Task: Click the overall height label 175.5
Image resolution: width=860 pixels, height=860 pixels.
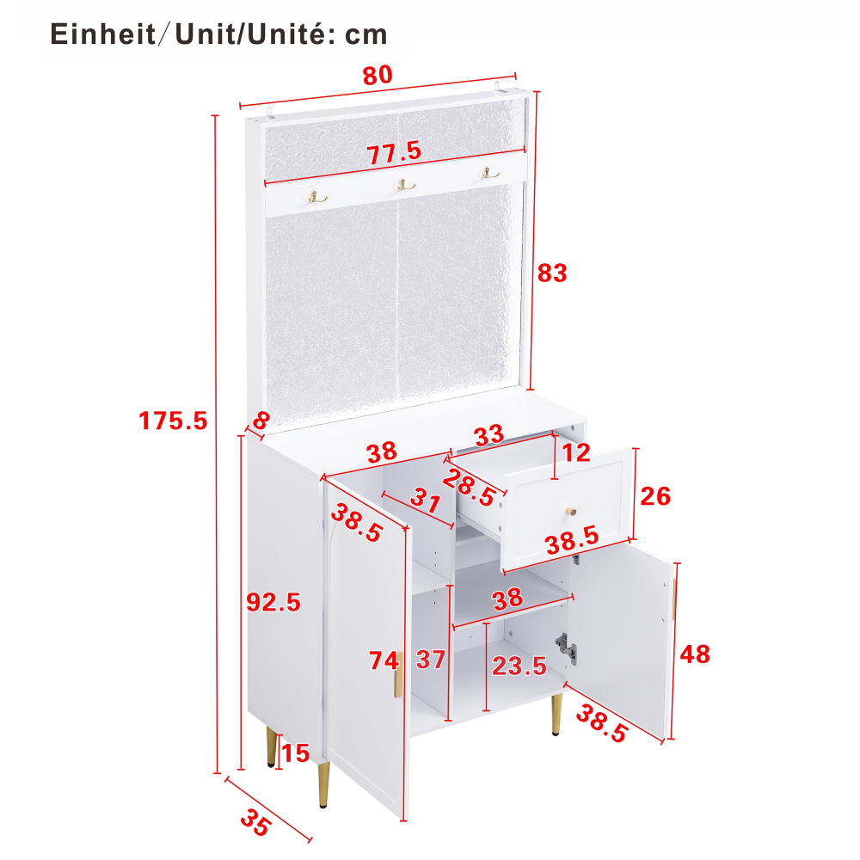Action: [173, 421]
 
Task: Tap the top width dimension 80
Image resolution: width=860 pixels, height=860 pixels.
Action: [378, 75]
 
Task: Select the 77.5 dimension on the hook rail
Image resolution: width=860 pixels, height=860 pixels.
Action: [395, 152]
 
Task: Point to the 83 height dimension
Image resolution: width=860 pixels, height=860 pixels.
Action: [552, 273]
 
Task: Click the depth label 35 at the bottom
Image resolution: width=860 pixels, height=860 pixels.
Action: [255, 822]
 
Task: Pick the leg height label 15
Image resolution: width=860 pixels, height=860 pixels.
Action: [296, 753]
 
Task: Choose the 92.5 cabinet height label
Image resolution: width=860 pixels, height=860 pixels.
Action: [273, 602]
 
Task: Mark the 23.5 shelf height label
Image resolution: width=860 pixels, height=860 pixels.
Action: [519, 666]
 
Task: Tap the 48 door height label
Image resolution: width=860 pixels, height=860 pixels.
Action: [695, 654]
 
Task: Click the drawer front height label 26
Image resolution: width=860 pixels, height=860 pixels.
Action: [655, 496]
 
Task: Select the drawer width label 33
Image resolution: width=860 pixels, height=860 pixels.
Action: [488, 435]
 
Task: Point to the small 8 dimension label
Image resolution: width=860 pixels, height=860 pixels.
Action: [261, 421]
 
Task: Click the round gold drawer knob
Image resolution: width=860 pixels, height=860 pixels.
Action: [571, 511]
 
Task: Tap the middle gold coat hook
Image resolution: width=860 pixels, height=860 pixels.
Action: [406, 185]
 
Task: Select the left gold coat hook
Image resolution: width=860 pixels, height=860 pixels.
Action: [317, 197]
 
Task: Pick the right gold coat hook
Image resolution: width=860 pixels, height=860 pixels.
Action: [490, 174]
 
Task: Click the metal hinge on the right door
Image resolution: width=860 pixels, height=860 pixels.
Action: [566, 648]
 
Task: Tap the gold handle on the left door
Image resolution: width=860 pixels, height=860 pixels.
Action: [398, 674]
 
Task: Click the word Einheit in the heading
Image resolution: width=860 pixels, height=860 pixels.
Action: [103, 34]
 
